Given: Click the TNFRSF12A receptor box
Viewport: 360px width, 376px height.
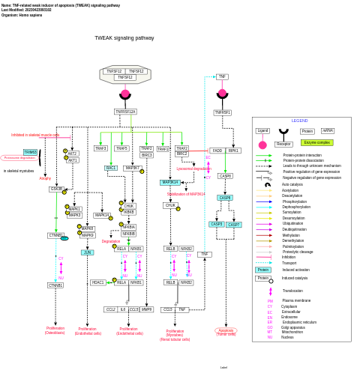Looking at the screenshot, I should pyautogui.click(x=125, y=112).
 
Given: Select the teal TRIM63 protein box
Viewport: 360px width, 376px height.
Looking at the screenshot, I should pyautogui.click(x=31, y=152).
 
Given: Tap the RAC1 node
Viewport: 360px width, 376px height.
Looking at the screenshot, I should pyautogui.click(x=111, y=168).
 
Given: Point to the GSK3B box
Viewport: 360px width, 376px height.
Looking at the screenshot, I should pyautogui.click(x=57, y=189).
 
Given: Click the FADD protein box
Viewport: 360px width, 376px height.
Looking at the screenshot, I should pyautogui.click(x=217, y=151).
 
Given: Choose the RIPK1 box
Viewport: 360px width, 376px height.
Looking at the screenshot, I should pyautogui.click(x=234, y=151).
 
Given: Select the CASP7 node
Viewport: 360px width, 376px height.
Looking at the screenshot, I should pyautogui.click(x=234, y=224).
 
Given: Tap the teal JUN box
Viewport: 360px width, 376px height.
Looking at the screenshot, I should pyautogui.click(x=88, y=252).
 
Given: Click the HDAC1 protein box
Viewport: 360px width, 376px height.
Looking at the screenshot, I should pyautogui.click(x=98, y=282).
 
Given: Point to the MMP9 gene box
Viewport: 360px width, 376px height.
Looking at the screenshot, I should pyautogui.click(x=146, y=309).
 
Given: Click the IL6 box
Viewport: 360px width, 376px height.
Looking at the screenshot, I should pyautogui.click(x=123, y=309).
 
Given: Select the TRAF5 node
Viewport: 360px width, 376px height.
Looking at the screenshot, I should pyautogui.click(x=121, y=148).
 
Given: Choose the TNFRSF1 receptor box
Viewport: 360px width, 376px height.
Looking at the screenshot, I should pyautogui.click(x=223, y=112).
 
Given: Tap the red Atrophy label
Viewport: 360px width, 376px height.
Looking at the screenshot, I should pyautogui.click(x=45, y=178).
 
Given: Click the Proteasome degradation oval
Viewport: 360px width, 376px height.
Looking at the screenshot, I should pyautogui.click(x=19, y=158).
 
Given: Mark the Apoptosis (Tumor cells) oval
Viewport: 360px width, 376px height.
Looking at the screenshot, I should pyautogui.click(x=226, y=331).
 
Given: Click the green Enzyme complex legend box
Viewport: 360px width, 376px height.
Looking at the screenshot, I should pyautogui.click(x=316, y=142).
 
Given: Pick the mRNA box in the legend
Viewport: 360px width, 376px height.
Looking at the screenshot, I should pyautogui.click(x=328, y=131).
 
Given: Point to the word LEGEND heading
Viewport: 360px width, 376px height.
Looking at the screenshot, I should pyautogui.click(x=300, y=121).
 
